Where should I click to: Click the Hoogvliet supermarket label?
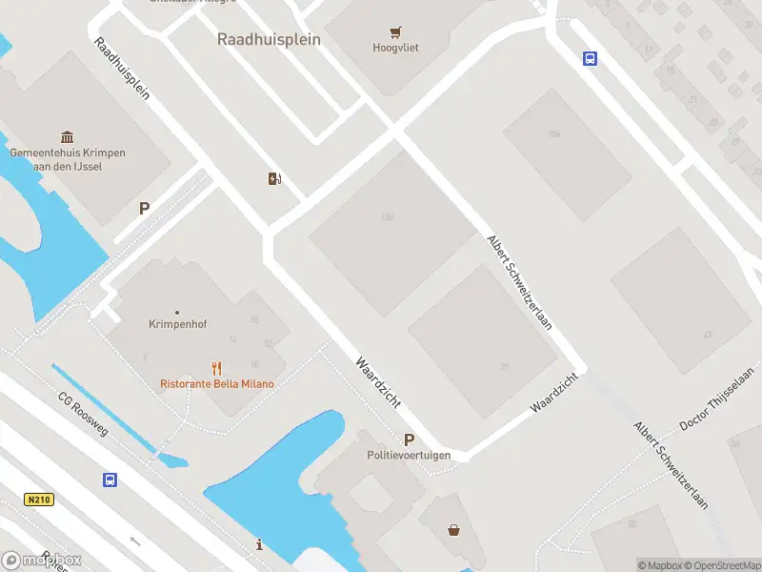(x=395, y=48)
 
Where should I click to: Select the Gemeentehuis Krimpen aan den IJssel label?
(x=68, y=159)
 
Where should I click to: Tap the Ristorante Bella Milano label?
(x=216, y=384)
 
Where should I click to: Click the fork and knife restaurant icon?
(x=217, y=368)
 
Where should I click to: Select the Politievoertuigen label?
(x=409, y=456)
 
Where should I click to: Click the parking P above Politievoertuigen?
(x=410, y=439)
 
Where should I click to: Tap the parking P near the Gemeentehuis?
(x=145, y=208)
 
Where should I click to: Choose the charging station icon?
(x=275, y=178)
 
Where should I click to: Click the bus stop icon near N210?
(x=110, y=480)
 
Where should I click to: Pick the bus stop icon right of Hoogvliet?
(x=590, y=58)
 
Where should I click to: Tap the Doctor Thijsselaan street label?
(x=715, y=398)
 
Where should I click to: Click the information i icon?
(x=260, y=544)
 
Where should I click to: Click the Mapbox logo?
(x=42, y=561)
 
